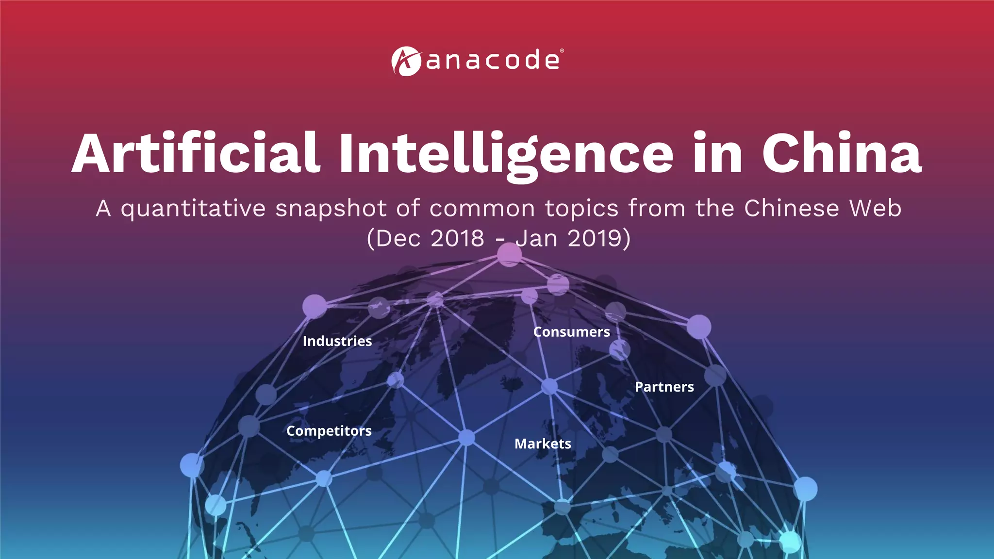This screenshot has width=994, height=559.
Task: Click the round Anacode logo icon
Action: [x=406, y=61]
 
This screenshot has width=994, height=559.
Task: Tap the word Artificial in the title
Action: [x=196, y=153]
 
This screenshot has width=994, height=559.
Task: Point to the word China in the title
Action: [x=841, y=153]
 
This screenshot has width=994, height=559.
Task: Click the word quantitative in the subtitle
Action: [x=193, y=209]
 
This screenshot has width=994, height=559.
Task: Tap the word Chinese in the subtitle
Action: [x=792, y=208]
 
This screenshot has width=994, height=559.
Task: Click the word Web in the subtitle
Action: [x=876, y=208]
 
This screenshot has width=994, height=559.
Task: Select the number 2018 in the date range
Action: [x=457, y=238]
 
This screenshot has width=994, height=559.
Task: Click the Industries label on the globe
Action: [x=337, y=341]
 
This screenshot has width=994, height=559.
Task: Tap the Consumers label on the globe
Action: [x=572, y=332]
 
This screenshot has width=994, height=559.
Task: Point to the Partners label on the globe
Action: [x=664, y=387]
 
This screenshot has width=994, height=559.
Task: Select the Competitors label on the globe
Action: [x=329, y=431]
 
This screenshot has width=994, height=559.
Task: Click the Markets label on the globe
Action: [x=543, y=444]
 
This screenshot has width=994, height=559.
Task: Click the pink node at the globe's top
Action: [x=509, y=254]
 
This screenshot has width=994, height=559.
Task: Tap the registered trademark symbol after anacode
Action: [x=562, y=50]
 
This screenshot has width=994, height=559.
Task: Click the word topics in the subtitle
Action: [x=582, y=209]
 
